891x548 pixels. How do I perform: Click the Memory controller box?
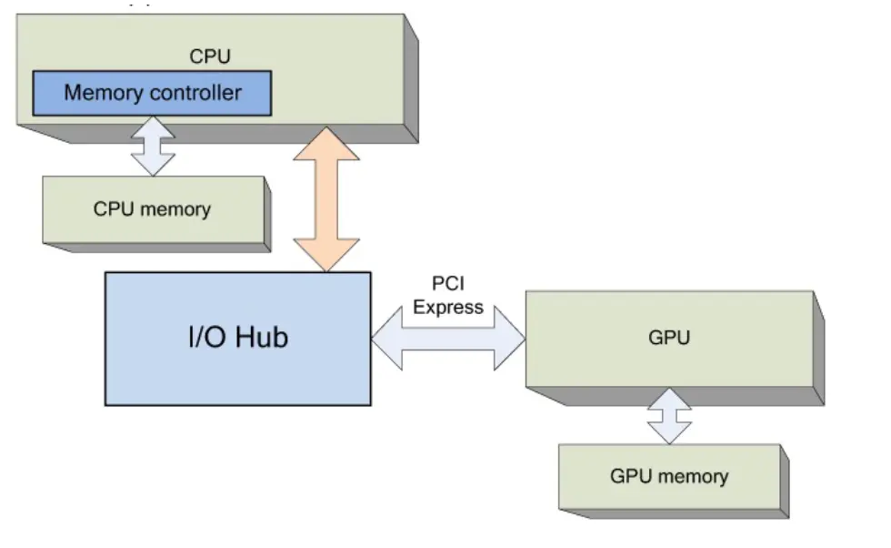(152, 93)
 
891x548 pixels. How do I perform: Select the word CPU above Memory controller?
(210, 56)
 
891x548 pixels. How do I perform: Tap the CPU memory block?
(152, 209)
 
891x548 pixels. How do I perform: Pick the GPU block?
(669, 339)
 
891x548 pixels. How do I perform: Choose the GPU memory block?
(669, 476)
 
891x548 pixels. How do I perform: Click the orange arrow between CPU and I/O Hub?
(326, 199)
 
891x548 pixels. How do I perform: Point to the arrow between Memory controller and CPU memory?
(152, 146)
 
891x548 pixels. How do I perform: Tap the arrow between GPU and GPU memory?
(669, 416)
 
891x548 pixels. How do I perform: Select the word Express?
(448, 307)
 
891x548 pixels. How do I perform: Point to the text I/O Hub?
(237, 338)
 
